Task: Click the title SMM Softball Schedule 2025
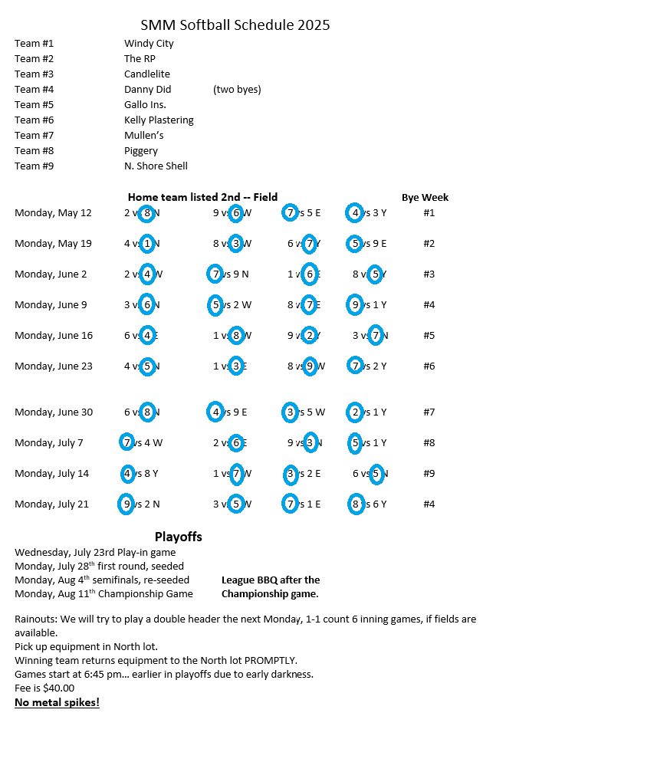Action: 235,25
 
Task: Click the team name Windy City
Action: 149,44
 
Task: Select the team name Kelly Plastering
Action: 159,120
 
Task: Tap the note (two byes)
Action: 237,90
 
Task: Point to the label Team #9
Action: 34,166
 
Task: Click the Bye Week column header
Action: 425,198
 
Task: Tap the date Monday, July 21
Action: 51,504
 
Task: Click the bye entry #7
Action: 429,412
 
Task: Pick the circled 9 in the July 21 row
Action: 127,504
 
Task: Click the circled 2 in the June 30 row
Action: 355,412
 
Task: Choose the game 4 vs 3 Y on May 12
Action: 366,213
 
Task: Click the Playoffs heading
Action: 178,537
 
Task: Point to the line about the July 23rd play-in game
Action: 95,553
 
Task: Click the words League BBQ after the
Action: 271,580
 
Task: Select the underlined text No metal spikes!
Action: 57,702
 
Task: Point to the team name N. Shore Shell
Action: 156,166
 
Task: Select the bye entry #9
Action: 429,474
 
